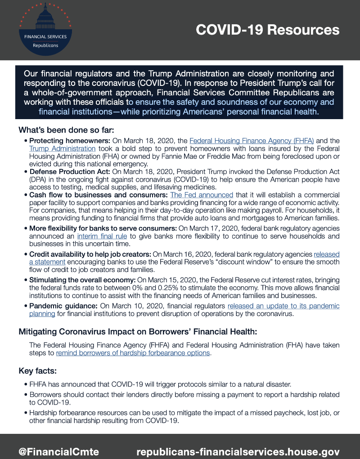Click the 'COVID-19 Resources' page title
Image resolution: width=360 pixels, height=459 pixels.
tap(267, 30)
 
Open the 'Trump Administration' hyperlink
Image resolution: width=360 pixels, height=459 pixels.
tap(63, 148)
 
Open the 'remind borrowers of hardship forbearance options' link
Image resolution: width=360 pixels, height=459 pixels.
tap(133, 353)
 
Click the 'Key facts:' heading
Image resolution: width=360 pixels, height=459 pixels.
tap(37, 371)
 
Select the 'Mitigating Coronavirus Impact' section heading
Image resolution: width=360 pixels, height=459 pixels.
tap(138, 332)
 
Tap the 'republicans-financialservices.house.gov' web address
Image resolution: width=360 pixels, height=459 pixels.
tap(238, 451)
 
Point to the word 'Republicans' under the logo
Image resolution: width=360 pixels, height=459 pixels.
tap(45, 45)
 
